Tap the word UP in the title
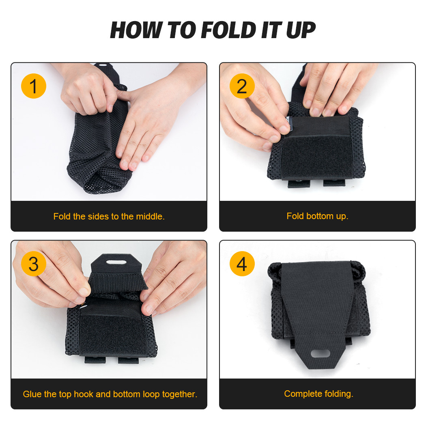pos(300,30)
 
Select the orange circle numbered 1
pos(33,86)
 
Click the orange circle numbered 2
pos(242,86)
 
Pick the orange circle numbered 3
pos(33,264)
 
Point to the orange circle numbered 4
pos(242,264)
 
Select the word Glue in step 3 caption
pos(32,394)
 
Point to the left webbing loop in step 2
pos(296,183)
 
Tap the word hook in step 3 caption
pos(84,394)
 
